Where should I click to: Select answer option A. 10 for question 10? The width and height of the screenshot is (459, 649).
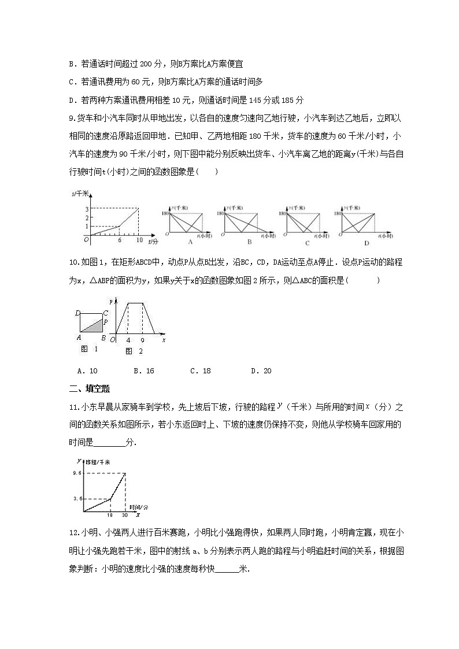(x=87, y=371)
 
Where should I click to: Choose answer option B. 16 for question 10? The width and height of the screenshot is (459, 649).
(x=143, y=371)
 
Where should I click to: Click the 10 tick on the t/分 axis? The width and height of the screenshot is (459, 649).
(x=139, y=240)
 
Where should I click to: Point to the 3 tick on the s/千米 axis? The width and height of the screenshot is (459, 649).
(x=86, y=209)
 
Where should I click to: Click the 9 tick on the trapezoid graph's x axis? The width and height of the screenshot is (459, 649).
(x=143, y=341)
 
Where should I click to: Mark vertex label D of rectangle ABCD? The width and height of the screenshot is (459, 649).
(x=77, y=313)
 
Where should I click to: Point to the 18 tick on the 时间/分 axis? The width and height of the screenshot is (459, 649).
(x=110, y=515)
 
